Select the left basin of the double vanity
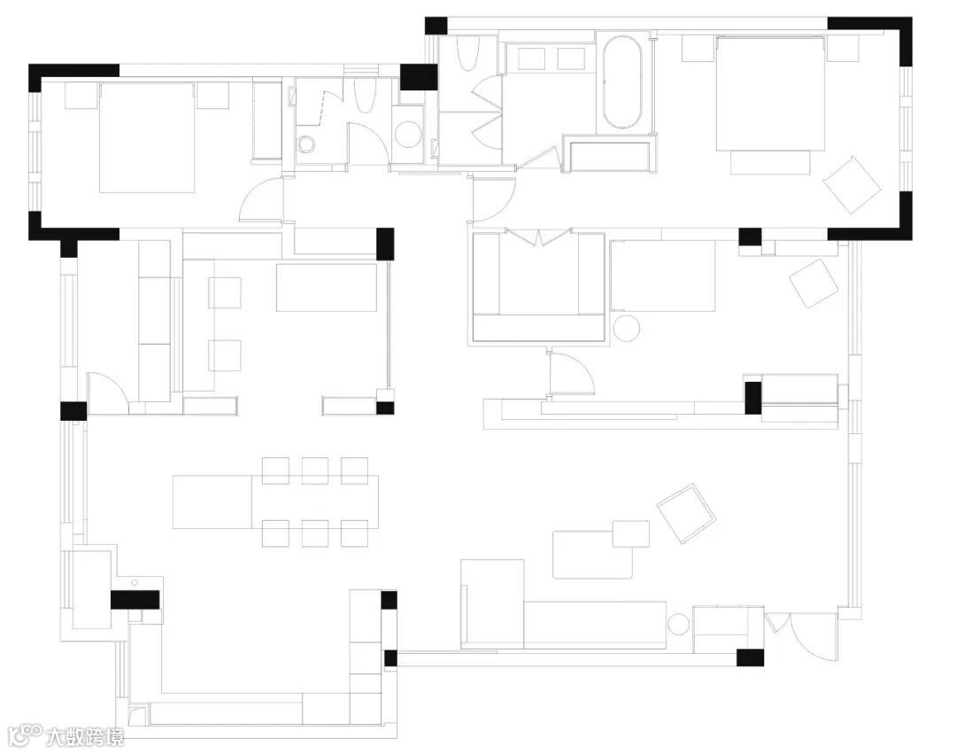(531, 58)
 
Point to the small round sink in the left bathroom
(306, 145)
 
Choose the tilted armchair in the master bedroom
(852, 184)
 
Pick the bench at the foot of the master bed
(770, 162)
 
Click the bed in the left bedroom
(146, 136)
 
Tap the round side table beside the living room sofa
(681, 625)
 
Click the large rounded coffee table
(592, 555)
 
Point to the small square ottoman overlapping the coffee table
(630, 533)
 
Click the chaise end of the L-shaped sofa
(493, 602)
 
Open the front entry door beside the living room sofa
(813, 636)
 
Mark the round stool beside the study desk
(627, 328)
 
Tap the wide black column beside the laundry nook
(419, 77)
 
